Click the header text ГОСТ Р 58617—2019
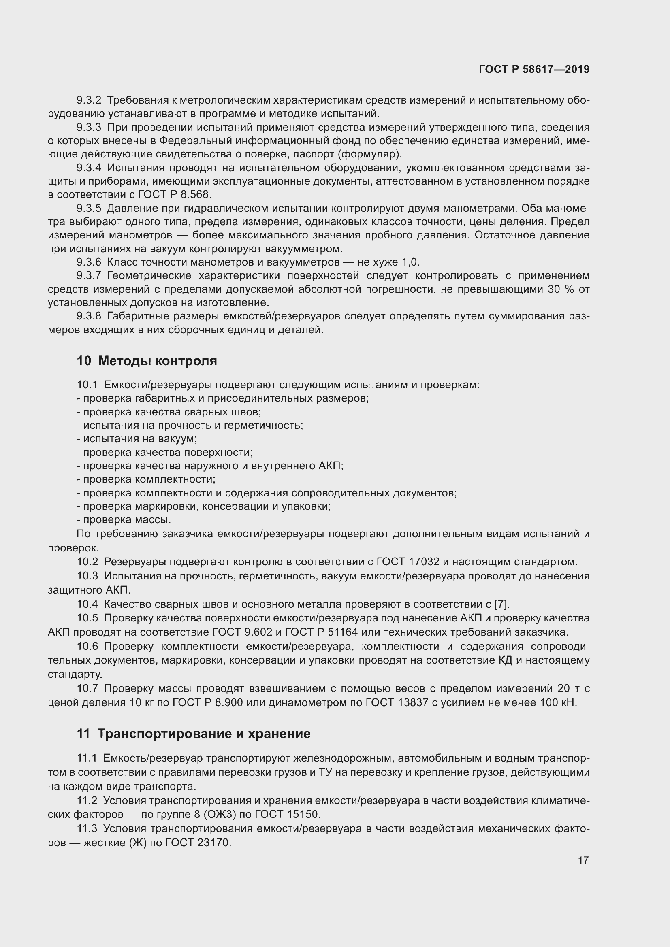[x=534, y=69]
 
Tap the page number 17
[x=583, y=860]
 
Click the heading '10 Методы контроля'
[x=147, y=361]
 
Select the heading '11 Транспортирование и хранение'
[x=193, y=734]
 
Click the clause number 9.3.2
[x=89, y=100]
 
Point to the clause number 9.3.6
[x=89, y=262]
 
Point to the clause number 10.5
[x=87, y=618]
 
